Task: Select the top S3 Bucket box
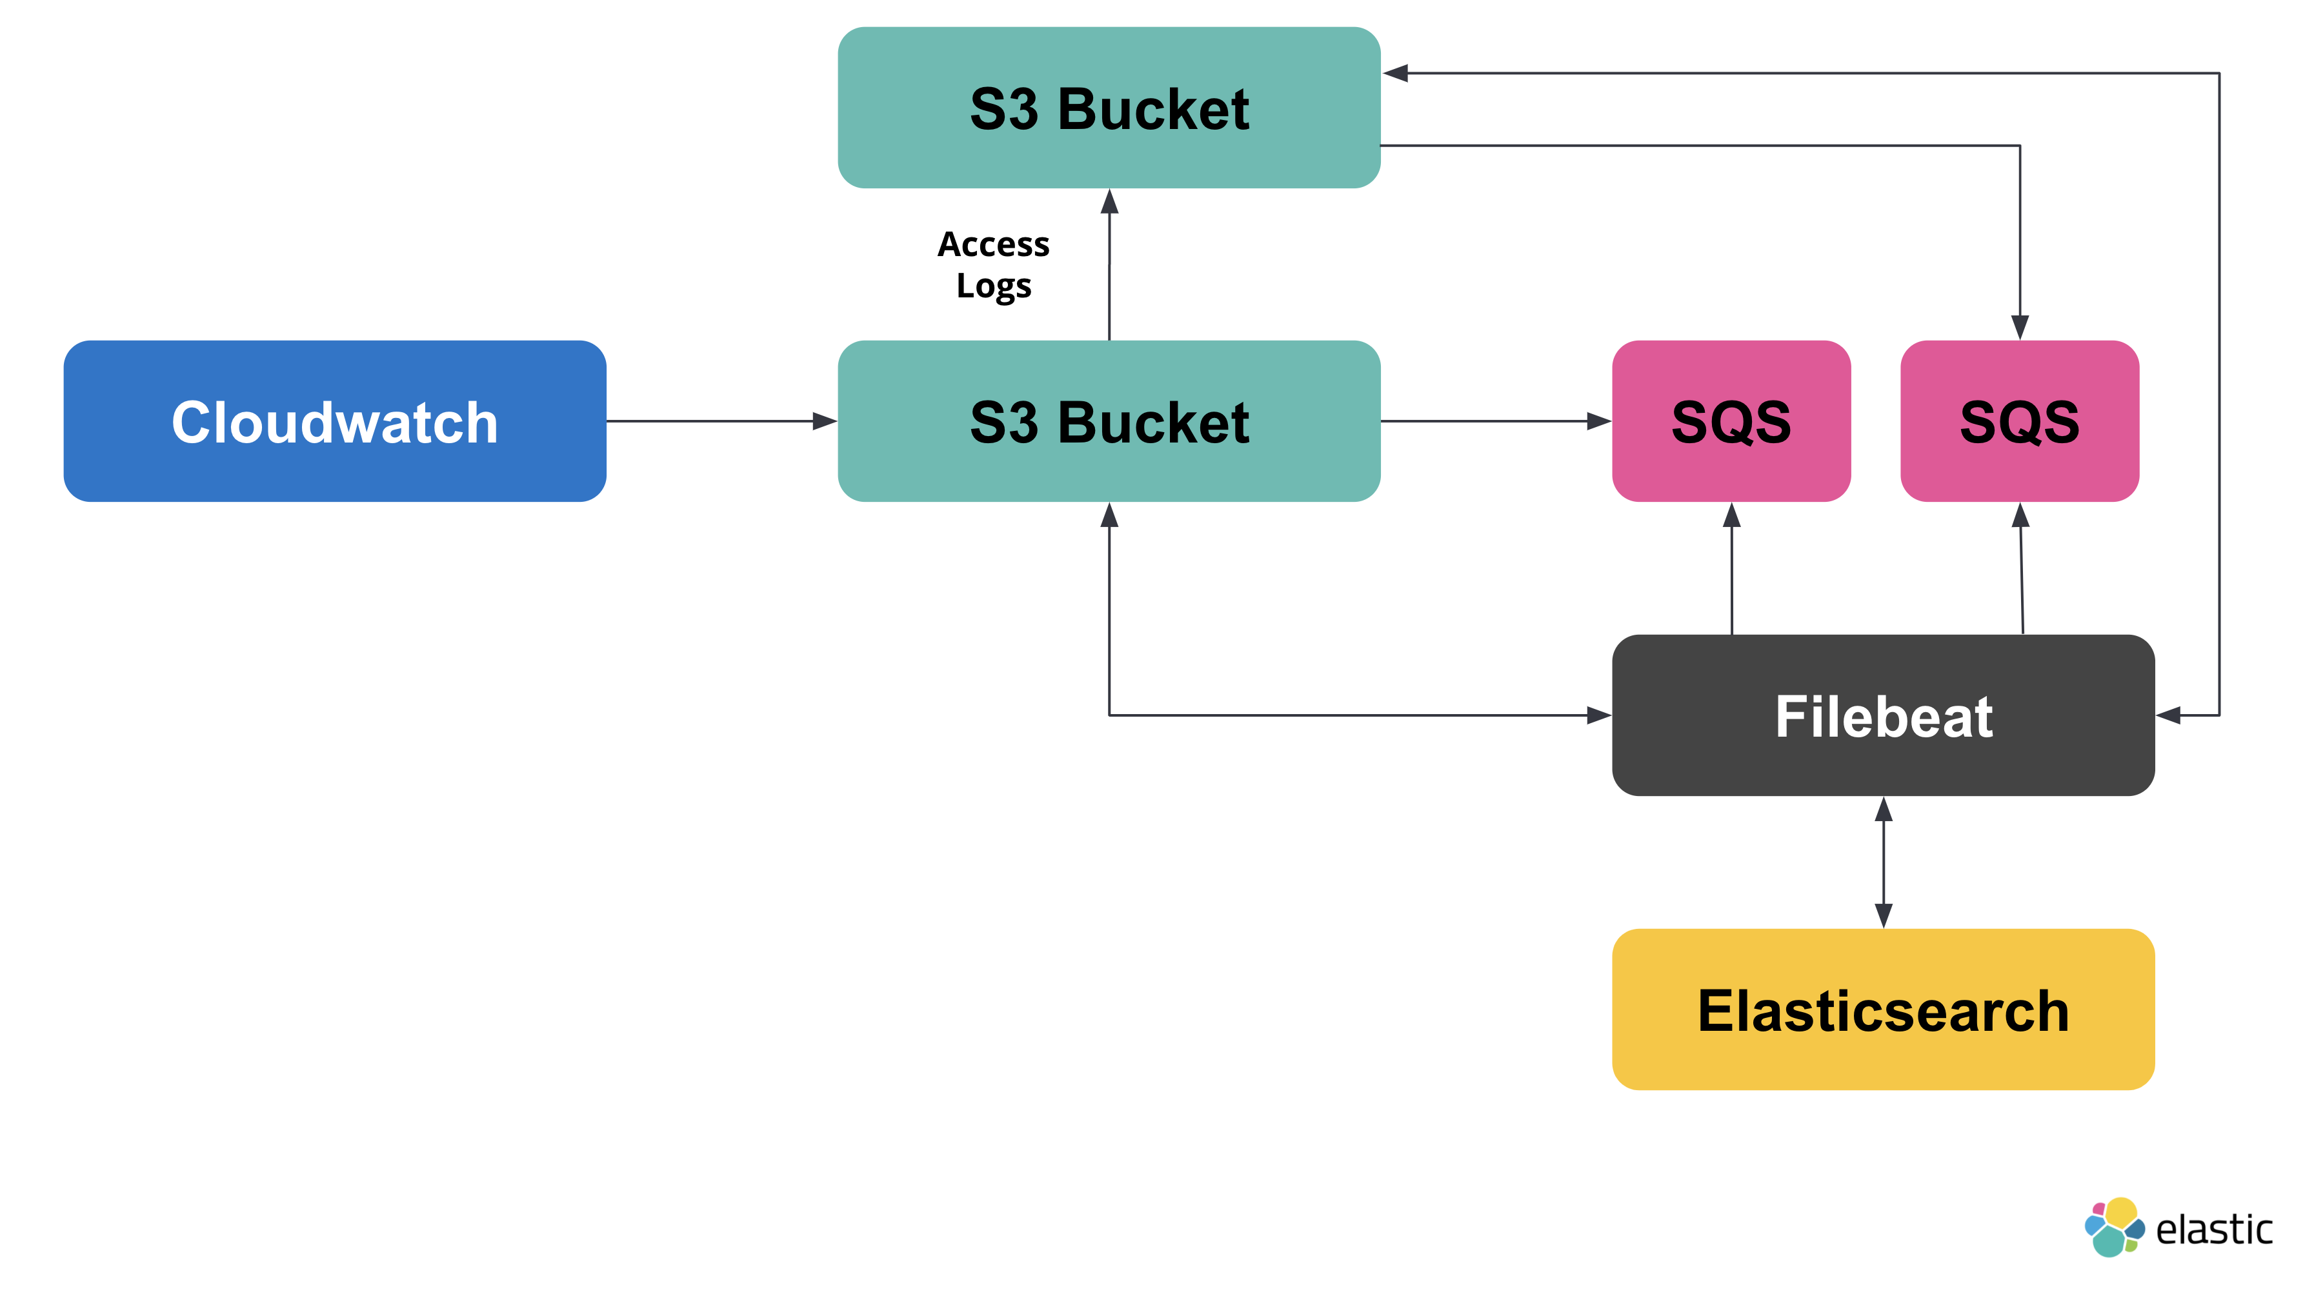pyautogui.click(x=1109, y=108)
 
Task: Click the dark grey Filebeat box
pyautogui.click(x=1883, y=715)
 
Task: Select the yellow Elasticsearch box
pyautogui.click(x=1883, y=1010)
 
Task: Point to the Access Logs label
pyautogui.click(x=994, y=265)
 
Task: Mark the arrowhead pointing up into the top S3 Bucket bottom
pyautogui.click(x=1109, y=201)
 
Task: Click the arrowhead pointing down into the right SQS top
pyautogui.click(x=2019, y=327)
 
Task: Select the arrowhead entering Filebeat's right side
pyautogui.click(x=2168, y=715)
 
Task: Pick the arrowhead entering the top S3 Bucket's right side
pyautogui.click(x=1395, y=73)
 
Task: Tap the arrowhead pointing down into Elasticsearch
pyautogui.click(x=1884, y=916)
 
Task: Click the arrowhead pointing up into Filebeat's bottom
pyautogui.click(x=1884, y=809)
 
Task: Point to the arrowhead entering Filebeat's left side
pyautogui.click(x=1598, y=715)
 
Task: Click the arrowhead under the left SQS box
pyautogui.click(x=1732, y=515)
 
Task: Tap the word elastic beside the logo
pyautogui.click(x=2213, y=1229)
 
